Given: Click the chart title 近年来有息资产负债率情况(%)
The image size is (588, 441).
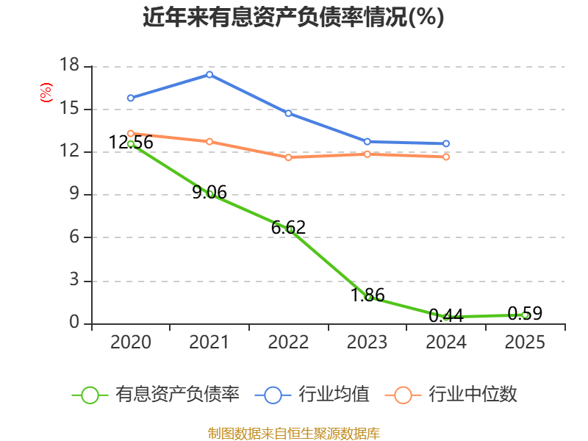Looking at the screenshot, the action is click(293, 17).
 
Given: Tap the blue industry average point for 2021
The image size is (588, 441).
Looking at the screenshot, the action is click(209, 75).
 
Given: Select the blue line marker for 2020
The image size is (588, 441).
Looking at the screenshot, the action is click(131, 98).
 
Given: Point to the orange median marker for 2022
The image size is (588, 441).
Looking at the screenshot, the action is click(288, 157).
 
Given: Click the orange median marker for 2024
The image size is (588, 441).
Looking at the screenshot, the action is click(446, 157).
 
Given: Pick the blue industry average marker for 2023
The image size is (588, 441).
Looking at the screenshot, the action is click(367, 142).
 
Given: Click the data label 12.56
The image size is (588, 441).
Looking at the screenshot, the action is click(131, 143).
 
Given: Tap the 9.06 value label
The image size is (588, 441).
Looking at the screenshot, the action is click(209, 193).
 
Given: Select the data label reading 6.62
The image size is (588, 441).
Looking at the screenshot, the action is click(288, 227).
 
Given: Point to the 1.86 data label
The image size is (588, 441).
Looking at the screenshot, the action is click(367, 295).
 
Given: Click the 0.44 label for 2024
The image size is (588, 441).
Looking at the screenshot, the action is click(446, 316).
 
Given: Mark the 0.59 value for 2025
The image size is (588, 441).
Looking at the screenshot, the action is click(525, 314).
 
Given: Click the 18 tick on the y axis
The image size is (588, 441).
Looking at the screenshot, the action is click(69, 65).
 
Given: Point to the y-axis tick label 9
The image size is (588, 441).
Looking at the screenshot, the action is click(74, 193).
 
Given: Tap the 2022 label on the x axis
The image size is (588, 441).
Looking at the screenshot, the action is click(288, 342).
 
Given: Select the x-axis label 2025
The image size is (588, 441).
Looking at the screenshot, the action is click(525, 342).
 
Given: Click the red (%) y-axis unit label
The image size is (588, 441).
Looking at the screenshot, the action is click(46, 93).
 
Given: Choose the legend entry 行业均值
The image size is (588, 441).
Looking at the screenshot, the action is click(312, 395).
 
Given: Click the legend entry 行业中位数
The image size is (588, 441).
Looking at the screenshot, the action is click(451, 395).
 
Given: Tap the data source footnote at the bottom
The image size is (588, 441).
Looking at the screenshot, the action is click(294, 434).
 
